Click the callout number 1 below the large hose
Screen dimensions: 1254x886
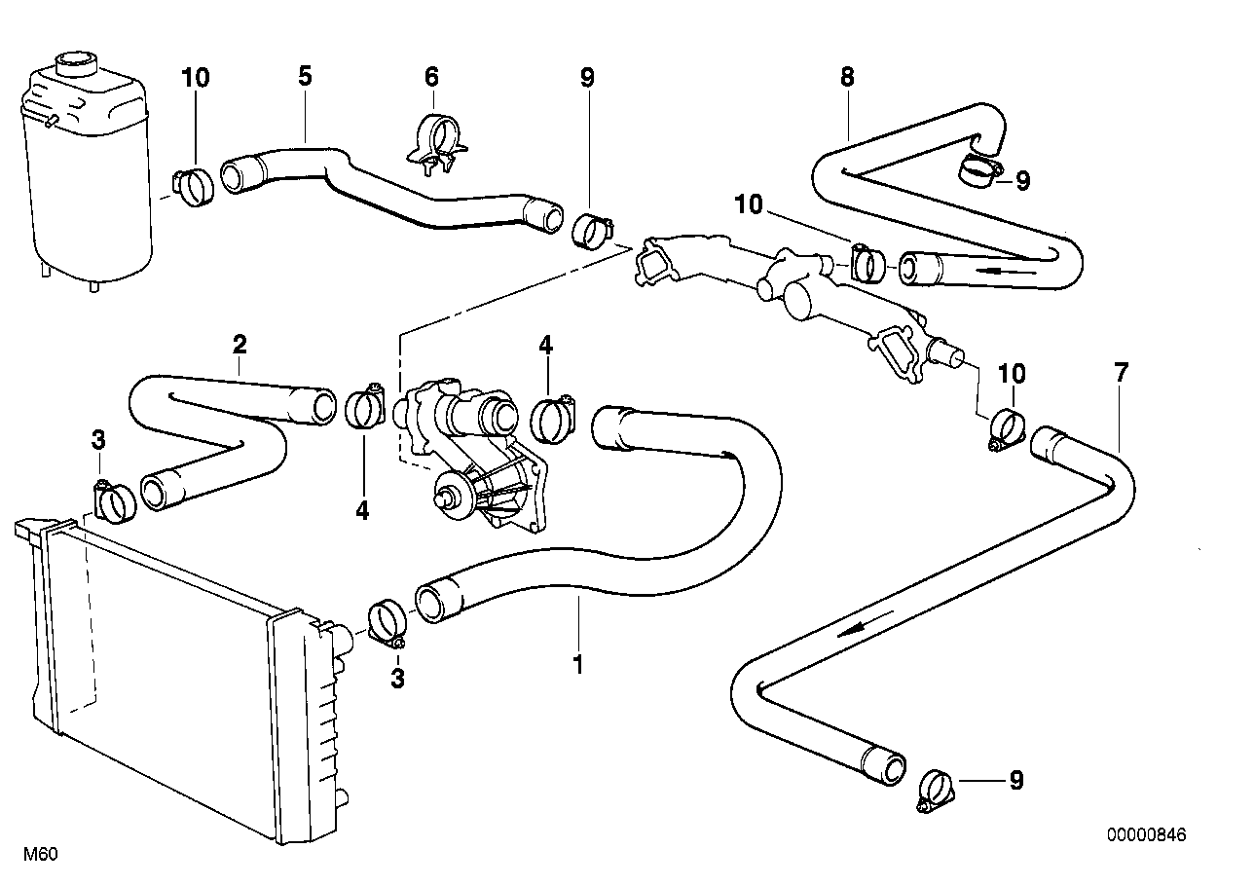(578, 664)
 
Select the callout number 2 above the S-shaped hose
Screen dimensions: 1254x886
(240, 344)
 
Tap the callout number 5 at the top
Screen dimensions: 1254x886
(305, 76)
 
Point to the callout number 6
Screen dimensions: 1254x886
(431, 77)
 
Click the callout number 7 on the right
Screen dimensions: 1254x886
(1121, 372)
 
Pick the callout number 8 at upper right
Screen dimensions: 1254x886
(848, 77)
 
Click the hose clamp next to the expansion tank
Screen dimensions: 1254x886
(192, 185)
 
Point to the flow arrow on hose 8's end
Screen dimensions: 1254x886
(1006, 271)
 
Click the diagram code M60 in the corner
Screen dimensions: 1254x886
(41, 855)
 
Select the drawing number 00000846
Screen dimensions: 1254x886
(1147, 835)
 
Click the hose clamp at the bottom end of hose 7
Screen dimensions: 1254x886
(936, 791)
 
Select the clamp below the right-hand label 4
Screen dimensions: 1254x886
(553, 420)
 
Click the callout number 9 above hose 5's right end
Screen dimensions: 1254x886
(587, 78)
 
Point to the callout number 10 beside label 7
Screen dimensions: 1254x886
(1012, 374)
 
